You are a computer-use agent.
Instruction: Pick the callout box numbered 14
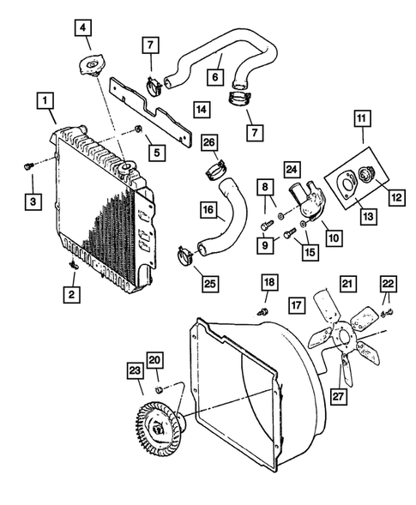pos(201,110)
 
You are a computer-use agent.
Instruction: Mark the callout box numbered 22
pos(389,286)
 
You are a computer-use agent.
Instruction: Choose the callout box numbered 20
pos(154,361)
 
